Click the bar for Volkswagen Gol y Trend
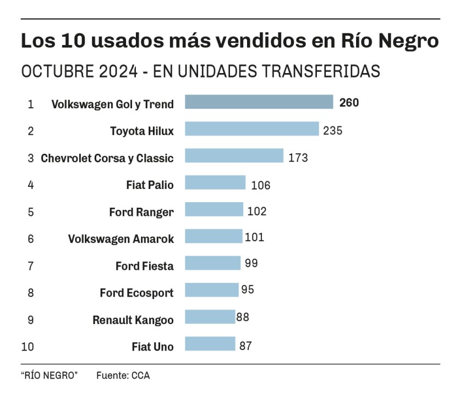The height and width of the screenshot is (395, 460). [259, 102]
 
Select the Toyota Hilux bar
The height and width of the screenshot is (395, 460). [251, 129]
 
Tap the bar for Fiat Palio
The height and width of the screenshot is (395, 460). [215, 183]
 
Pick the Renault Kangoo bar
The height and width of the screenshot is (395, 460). [210, 318]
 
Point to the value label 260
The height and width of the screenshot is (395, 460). [349, 103]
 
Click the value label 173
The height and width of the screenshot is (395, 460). [298, 158]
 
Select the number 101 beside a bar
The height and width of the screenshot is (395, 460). [255, 237]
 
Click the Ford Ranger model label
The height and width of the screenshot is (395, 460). [141, 212]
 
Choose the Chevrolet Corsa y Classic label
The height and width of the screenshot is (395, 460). [107, 158]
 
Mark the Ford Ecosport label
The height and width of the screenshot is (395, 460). [136, 293]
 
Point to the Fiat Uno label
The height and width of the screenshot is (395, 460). [152, 347]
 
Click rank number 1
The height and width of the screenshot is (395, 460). [31, 104]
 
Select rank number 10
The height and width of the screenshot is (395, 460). [28, 347]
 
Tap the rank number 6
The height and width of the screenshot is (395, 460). [31, 239]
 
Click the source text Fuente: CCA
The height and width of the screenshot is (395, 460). [123, 376]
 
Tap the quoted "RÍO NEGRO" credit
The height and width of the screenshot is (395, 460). [50, 376]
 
